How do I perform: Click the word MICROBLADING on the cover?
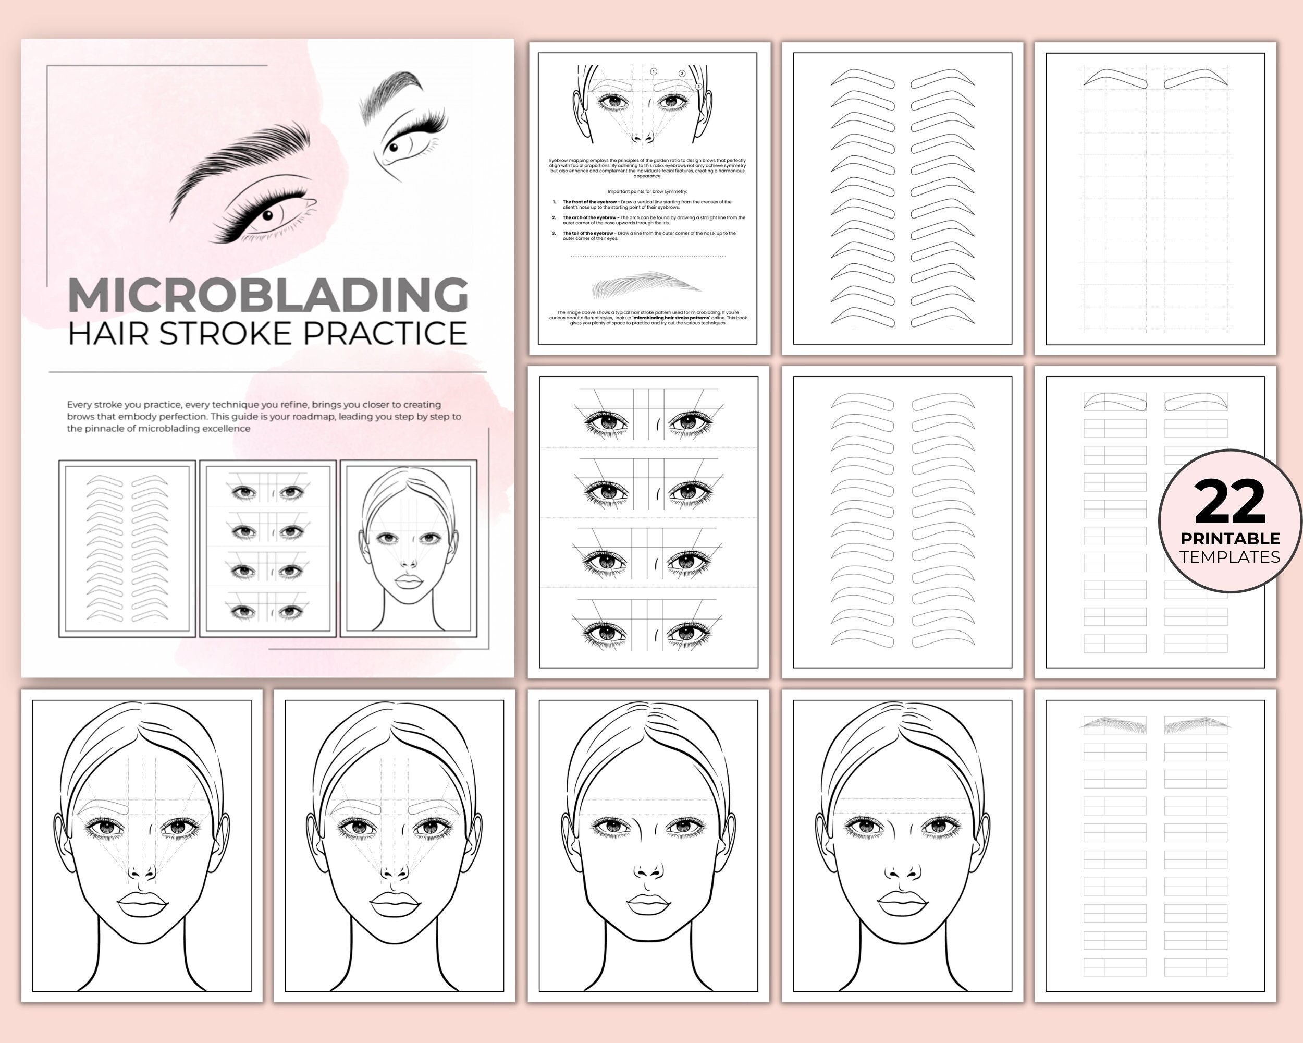(268, 296)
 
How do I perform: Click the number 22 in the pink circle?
(1230, 502)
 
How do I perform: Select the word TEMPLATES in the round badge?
(1230, 557)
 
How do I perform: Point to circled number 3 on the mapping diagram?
(698, 87)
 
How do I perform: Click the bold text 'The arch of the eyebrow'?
(589, 217)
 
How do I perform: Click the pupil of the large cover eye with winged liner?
(267, 215)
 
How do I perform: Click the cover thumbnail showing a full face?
(409, 549)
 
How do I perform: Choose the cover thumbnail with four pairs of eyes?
(268, 549)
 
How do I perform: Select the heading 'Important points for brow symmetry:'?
(647, 192)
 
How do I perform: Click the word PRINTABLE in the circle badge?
(1230, 538)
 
